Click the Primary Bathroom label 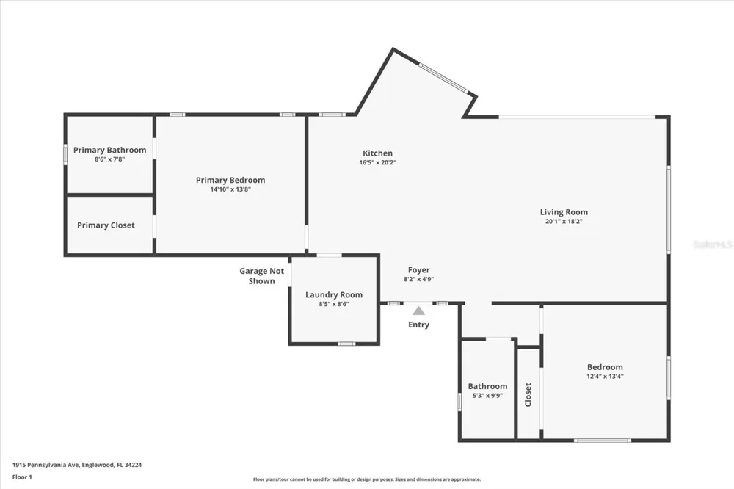109,150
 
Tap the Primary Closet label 106,225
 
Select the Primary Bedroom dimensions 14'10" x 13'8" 230,189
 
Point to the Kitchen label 378,153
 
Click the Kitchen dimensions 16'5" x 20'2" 378,162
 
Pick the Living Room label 564,212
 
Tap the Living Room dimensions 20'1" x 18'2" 564,222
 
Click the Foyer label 418,270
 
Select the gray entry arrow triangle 418,311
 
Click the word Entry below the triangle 418,325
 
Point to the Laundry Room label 334,295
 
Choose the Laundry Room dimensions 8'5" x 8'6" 334,304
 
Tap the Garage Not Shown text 262,276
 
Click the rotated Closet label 528,395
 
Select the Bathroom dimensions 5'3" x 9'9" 487,396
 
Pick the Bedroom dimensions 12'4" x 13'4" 605,376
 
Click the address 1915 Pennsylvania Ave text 46,465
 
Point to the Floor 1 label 22,477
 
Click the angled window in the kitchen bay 443,78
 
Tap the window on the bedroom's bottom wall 603,441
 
